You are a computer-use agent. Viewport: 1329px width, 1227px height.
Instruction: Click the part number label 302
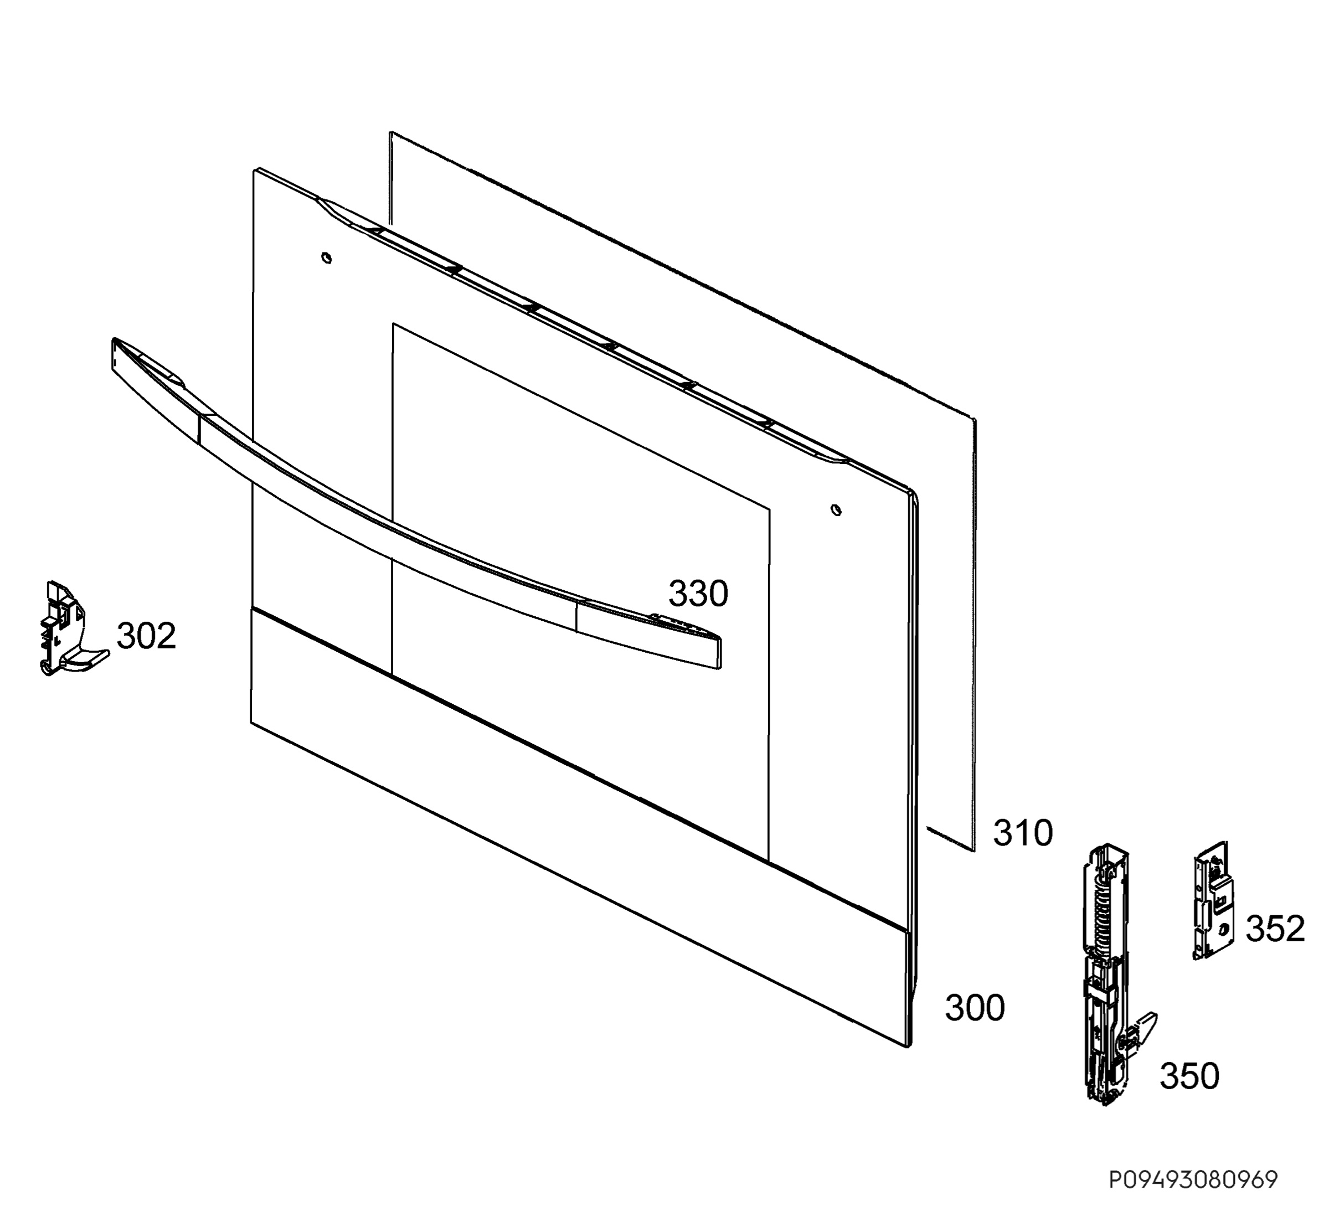pyautogui.click(x=146, y=636)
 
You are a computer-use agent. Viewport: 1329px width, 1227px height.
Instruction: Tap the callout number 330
pyautogui.click(x=698, y=594)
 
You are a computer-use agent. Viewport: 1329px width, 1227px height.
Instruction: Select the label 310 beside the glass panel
pyautogui.click(x=1023, y=833)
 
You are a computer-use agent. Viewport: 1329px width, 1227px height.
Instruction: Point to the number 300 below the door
pyautogui.click(x=975, y=1008)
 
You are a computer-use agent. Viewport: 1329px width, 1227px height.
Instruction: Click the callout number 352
pyautogui.click(x=1275, y=928)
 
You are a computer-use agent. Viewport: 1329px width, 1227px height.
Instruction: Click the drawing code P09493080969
pyautogui.click(x=1193, y=1180)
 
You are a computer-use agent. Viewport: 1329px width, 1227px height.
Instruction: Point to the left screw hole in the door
pyautogui.click(x=326, y=257)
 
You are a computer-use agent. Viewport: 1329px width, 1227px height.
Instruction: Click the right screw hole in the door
pyautogui.click(x=836, y=510)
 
